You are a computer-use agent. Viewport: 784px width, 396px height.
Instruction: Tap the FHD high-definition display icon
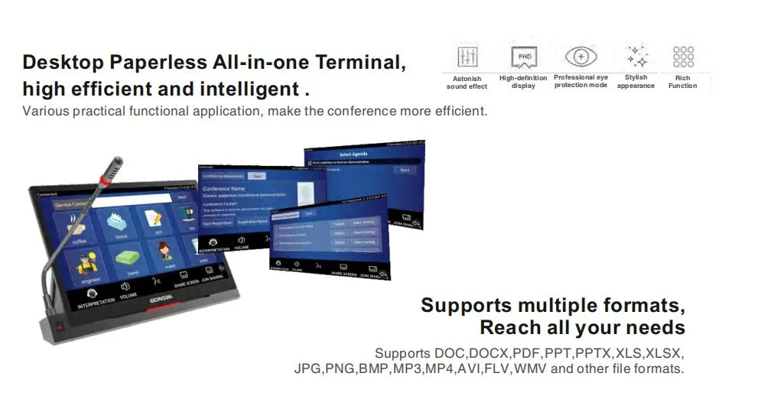click(x=524, y=57)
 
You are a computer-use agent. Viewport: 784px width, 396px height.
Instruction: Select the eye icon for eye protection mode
click(x=581, y=57)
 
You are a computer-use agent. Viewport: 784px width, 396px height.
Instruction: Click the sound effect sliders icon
click(x=467, y=57)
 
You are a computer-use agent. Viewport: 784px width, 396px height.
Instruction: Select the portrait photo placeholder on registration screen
click(x=306, y=194)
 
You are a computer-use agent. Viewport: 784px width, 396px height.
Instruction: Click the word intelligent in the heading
click(x=249, y=89)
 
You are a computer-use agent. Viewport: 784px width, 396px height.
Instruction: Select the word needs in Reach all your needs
click(x=655, y=328)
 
